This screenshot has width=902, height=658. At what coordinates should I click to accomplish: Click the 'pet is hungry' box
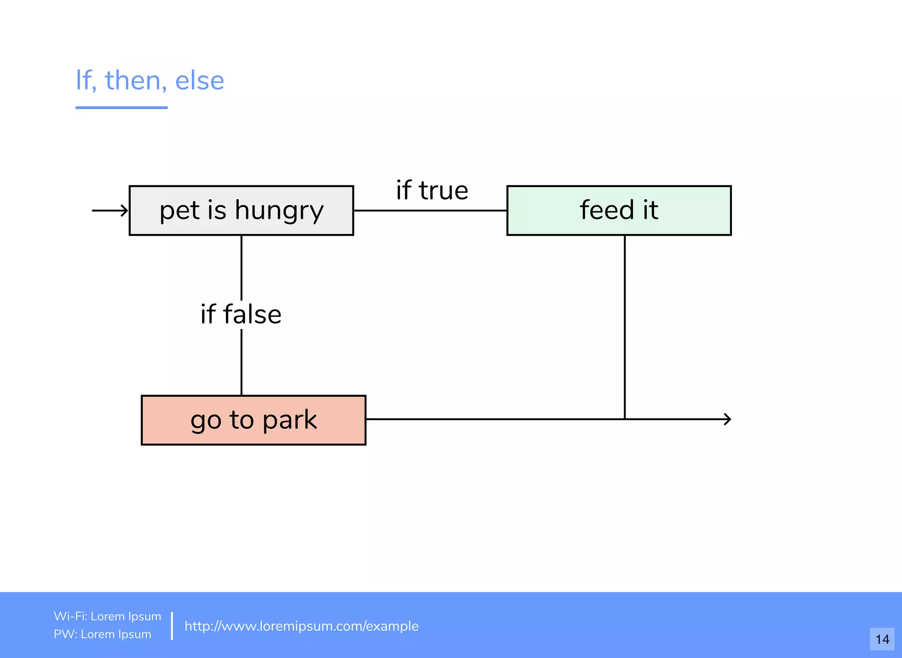[241, 211]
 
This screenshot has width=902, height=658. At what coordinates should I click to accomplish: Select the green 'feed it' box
[619, 211]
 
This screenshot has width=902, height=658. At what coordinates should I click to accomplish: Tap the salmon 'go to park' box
[253, 420]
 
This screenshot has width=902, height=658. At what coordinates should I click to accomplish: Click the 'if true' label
[432, 190]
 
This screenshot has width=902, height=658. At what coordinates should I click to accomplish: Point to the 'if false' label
[241, 314]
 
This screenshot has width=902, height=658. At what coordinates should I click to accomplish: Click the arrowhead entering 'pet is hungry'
[125, 211]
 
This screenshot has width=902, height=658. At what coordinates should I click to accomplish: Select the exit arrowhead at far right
[728, 419]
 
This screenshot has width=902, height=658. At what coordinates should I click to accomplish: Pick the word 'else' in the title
[200, 81]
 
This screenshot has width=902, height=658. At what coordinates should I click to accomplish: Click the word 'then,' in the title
[136, 81]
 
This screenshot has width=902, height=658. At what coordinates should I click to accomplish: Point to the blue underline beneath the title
[122, 107]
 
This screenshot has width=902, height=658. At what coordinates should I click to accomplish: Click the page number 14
[882, 639]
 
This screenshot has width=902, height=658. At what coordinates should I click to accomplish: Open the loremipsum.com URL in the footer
[301, 626]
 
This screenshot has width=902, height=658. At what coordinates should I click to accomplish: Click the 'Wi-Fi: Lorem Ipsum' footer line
[107, 616]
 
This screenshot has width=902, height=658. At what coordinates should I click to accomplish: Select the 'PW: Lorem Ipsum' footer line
[102, 634]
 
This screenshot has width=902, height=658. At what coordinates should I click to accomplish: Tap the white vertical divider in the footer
[172, 625]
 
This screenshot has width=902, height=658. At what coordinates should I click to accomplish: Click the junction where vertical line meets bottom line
[625, 419]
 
